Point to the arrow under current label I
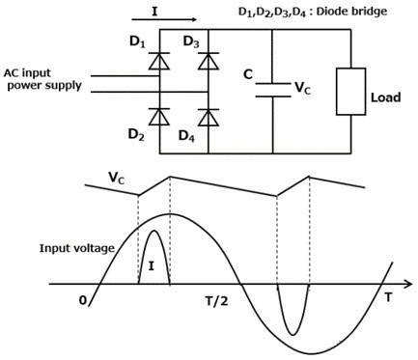168,18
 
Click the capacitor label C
249,74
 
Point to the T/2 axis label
218,299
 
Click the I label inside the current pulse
152,263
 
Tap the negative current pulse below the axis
293,307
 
